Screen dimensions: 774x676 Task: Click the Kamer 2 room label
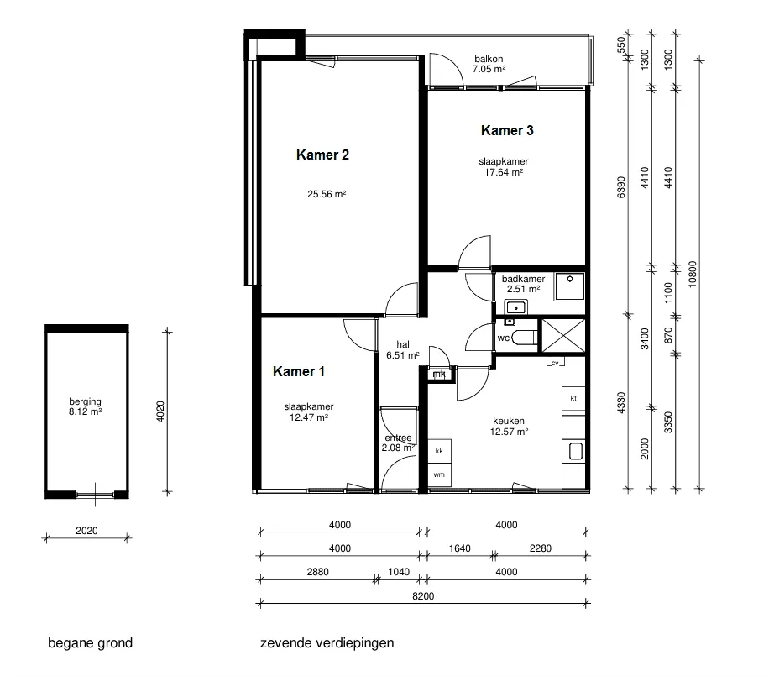point(322,155)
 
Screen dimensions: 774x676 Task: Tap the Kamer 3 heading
point(507,130)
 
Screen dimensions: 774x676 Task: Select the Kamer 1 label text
point(299,371)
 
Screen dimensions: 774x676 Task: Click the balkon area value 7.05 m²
point(489,69)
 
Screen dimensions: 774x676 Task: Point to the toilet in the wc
point(526,338)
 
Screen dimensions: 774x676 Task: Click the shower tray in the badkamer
point(570,286)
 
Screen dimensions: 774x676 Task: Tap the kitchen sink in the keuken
point(576,451)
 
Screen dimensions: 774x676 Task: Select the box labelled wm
point(439,475)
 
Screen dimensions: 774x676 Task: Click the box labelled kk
point(439,451)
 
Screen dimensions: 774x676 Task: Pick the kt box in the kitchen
point(573,399)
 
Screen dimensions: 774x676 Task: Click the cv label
point(555,363)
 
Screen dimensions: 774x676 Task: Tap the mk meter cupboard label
point(439,375)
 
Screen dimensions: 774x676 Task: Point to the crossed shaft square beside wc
point(563,336)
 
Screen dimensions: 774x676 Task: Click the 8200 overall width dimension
point(423,596)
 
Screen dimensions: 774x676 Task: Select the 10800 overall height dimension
point(692,274)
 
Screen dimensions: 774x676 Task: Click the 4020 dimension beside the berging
point(160,411)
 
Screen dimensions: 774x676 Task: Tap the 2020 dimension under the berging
point(86,531)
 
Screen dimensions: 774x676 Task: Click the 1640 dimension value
point(459,548)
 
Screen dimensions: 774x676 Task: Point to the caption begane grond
point(91,643)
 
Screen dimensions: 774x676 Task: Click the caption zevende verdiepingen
point(327,643)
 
